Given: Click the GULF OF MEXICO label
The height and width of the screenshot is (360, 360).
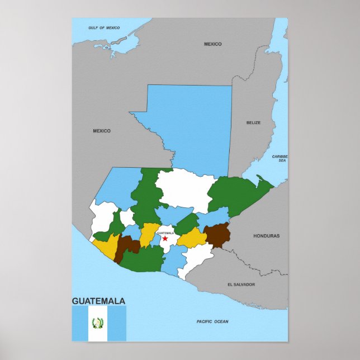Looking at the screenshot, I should point(105,27).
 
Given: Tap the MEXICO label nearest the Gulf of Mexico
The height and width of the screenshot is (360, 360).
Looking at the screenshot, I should point(212,44).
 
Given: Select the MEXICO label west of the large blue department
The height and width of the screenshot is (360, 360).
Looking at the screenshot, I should point(102,131).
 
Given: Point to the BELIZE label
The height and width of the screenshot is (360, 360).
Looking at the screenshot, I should point(253,122).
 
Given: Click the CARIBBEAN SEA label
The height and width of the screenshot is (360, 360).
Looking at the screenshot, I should point(280,158).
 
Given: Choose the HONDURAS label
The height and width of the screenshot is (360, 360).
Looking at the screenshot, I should point(266,236).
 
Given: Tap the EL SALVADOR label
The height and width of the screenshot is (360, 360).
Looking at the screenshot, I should point(241,285).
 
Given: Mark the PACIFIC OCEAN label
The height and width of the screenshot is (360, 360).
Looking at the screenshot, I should point(212,321).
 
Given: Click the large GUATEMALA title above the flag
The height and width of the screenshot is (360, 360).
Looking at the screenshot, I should point(98,301).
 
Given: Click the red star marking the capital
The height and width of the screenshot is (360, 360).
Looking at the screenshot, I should point(165,239).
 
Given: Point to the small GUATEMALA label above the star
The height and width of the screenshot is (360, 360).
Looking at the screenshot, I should point(165,233).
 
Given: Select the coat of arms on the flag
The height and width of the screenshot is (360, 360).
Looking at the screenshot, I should point(98,323).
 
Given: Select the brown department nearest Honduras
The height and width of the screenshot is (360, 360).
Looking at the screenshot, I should point(217,235).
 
